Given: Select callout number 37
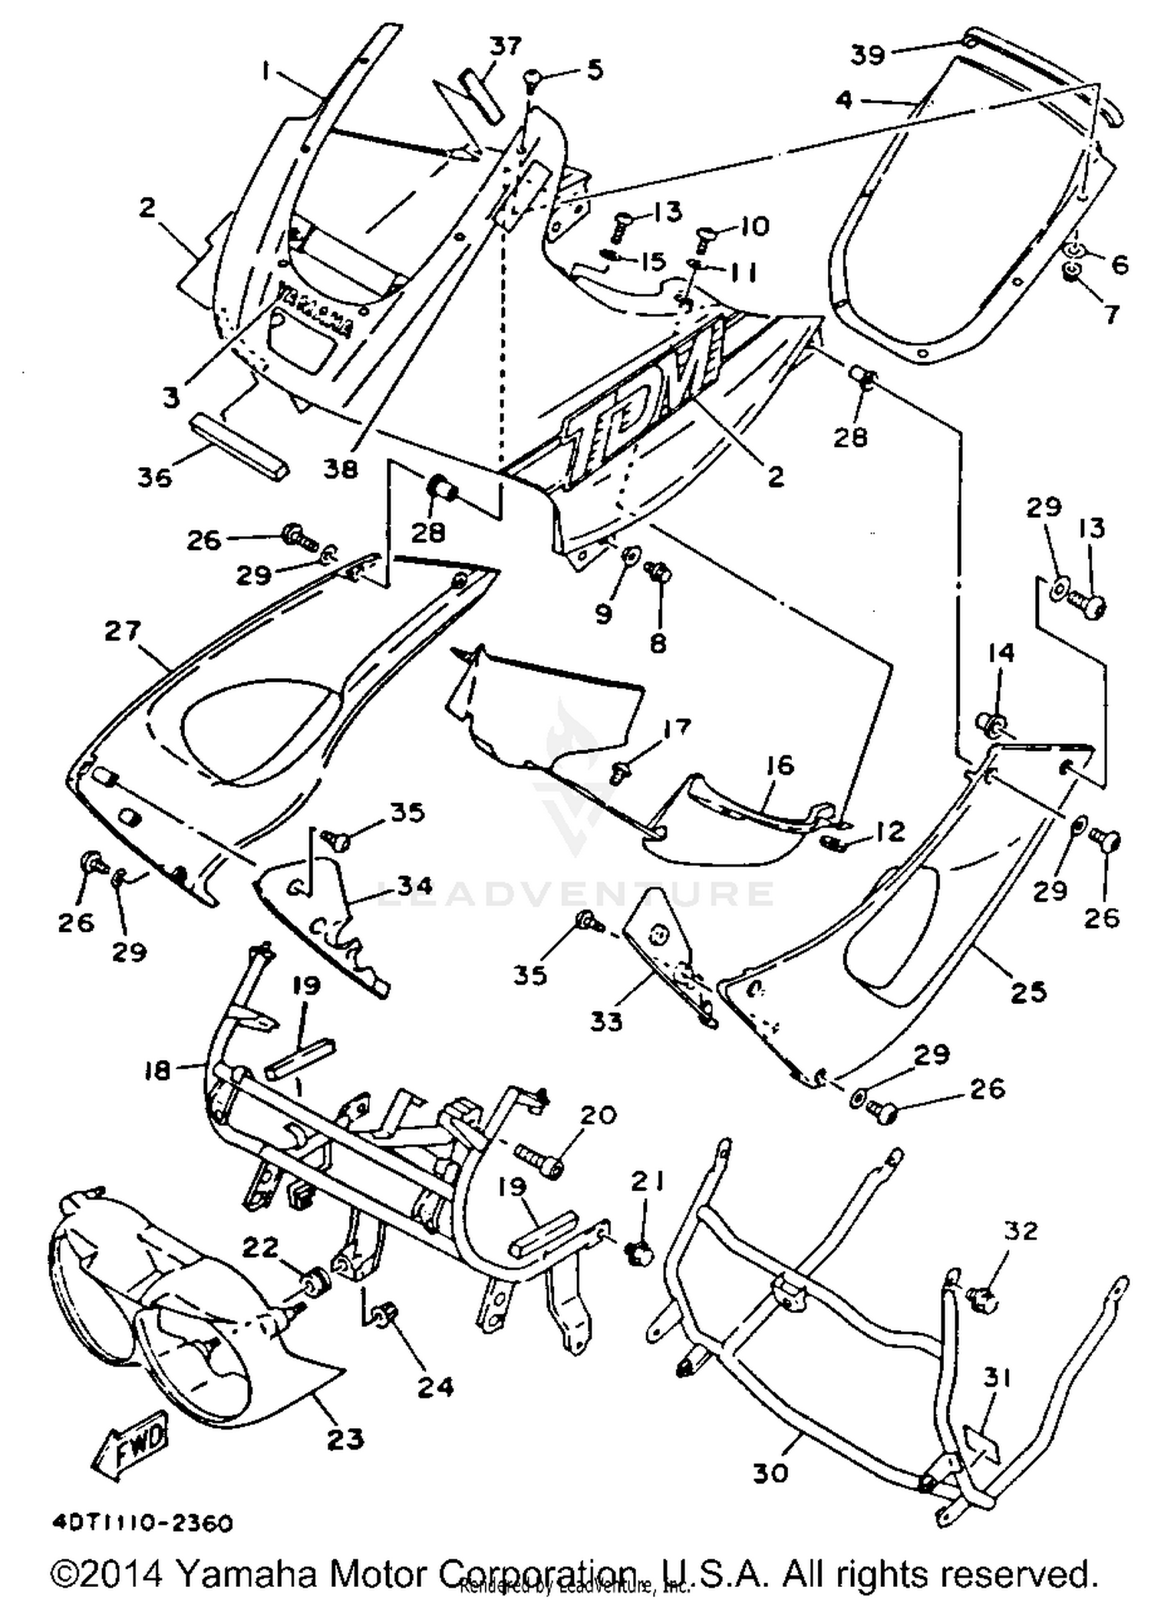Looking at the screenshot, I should click(x=506, y=48).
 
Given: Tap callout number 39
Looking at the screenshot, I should click(x=869, y=55).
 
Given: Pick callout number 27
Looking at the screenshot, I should click(x=124, y=631).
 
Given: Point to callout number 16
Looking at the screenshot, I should click(x=779, y=765).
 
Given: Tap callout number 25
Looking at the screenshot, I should click(x=1028, y=992).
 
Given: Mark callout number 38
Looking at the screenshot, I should click(x=340, y=468).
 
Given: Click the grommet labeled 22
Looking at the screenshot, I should click(x=315, y=1280).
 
